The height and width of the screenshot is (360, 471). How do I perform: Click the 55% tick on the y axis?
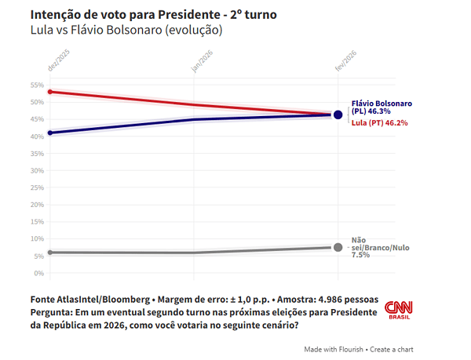point(37,85)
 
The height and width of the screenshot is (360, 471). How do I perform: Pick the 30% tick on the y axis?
point(37,171)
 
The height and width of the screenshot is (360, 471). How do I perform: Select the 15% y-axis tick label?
point(37,222)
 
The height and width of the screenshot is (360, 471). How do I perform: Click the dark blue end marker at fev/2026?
point(338,115)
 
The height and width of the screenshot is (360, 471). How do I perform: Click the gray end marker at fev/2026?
point(338,247)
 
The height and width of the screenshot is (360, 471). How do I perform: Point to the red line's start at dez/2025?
point(50,92)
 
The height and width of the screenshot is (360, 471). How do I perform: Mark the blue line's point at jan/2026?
point(194,119)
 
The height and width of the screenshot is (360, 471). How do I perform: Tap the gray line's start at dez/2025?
point(50,252)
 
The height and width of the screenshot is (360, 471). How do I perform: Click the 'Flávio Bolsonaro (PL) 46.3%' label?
point(381,108)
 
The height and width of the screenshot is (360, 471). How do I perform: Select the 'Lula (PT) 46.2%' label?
point(379,123)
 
